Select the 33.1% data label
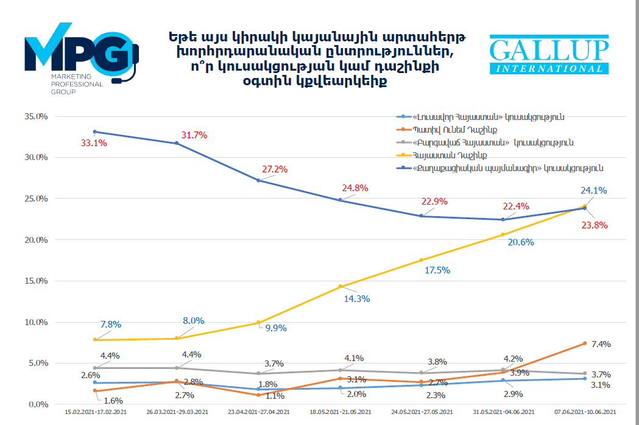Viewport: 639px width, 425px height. [x=94, y=143]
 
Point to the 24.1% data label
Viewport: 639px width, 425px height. [x=594, y=190]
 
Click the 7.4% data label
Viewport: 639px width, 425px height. [x=601, y=344]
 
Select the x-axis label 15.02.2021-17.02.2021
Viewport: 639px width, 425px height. [x=95, y=412]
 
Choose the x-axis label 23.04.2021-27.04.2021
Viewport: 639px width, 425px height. [x=258, y=412]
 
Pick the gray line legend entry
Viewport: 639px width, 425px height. [x=493, y=142]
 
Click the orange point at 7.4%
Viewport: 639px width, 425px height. [x=585, y=343]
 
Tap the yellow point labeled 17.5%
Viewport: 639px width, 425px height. [x=422, y=260]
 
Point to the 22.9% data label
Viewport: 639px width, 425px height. [x=434, y=202]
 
